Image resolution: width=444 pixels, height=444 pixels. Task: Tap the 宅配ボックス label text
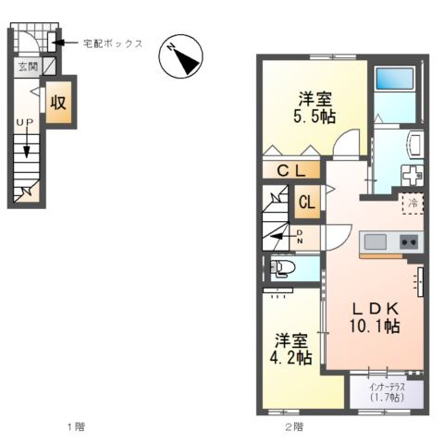click(112, 43)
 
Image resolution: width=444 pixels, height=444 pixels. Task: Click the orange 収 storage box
click(58, 102)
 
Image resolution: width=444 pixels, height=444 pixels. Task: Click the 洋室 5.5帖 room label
click(315, 107)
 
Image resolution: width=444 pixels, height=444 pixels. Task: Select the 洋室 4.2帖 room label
click(291, 348)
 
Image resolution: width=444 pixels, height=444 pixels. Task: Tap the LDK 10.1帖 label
click(374, 316)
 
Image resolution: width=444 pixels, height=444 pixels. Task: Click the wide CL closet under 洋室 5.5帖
click(291, 171)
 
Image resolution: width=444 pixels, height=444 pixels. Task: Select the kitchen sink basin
click(375, 241)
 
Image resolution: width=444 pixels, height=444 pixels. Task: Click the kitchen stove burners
click(408, 241)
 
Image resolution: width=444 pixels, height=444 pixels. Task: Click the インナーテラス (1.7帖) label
click(388, 391)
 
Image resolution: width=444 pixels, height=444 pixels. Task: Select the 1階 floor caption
click(76, 426)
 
